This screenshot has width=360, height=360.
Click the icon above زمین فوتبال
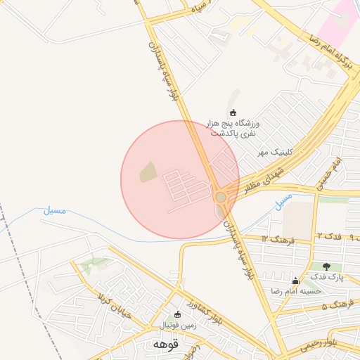click(177, 314)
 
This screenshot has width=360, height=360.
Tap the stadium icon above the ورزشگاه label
click(233, 112)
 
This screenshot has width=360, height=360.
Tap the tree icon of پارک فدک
click(327, 266)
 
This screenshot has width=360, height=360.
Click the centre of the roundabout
click(221, 198)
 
